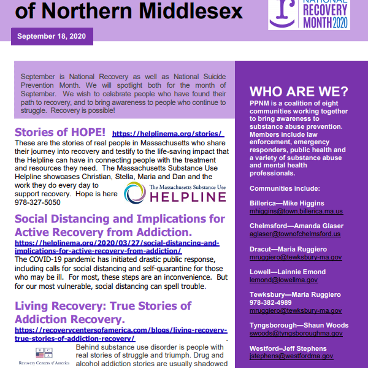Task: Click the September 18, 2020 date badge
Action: coord(52,36)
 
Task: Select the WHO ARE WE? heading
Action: coord(299,92)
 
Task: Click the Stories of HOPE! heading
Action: coord(60,132)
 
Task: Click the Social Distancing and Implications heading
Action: coord(120,224)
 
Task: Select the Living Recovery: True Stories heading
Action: coord(102,312)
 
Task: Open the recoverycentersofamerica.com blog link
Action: coord(120,334)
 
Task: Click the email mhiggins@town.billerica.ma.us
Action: coord(296,211)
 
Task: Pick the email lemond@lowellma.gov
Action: coord(283,280)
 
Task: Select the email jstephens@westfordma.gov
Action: coord(291,356)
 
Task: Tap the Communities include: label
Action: coord(282,188)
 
